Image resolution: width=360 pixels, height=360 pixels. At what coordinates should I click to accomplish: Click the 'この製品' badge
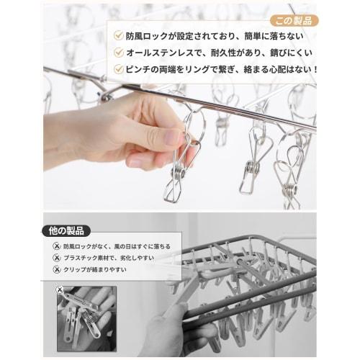294,21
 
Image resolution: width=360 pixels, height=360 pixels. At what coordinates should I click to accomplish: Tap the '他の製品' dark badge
66,231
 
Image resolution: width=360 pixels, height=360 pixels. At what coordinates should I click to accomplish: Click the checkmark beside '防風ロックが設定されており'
118,36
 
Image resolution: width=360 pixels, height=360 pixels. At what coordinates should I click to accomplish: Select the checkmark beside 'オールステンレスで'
118,53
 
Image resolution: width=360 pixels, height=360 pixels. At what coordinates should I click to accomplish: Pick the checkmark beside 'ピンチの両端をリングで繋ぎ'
118,69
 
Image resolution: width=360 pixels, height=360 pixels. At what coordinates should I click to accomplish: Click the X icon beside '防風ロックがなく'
57,246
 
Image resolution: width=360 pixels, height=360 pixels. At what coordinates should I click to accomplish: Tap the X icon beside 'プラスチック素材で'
57,258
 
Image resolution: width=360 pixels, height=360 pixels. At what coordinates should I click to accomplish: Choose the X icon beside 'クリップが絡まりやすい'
57,269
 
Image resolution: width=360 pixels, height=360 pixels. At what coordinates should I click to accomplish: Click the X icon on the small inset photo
60,290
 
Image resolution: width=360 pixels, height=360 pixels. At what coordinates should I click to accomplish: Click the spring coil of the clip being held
178,172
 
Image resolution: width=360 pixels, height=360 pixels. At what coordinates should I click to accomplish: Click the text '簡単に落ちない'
274,36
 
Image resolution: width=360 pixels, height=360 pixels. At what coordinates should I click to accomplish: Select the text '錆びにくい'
291,53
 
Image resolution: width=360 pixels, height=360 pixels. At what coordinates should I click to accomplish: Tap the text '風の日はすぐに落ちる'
143,246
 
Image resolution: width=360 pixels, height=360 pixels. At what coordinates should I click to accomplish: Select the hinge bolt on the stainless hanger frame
106,97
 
